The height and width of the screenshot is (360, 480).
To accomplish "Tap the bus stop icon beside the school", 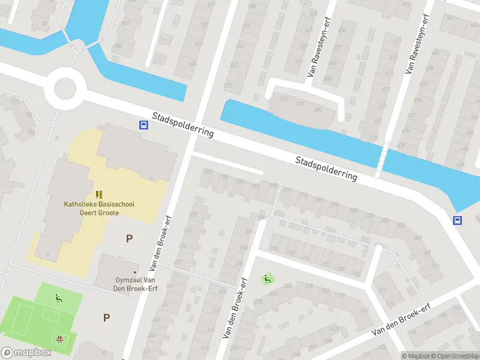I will [x=144, y=125].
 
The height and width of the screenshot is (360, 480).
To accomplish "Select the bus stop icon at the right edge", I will [x=457, y=220].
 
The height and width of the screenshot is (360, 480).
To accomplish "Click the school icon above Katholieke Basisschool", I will [x=100, y=194].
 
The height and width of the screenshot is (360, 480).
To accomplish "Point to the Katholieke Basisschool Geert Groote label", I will [x=100, y=208].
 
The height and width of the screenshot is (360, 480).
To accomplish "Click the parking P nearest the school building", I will [x=129, y=238].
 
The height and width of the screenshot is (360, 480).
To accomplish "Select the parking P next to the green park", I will [x=106, y=317].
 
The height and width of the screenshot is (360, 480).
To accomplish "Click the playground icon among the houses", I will [x=267, y=278].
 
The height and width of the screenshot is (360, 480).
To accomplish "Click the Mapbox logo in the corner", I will [x=25, y=353].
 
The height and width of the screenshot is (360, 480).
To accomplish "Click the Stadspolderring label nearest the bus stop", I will [x=182, y=124].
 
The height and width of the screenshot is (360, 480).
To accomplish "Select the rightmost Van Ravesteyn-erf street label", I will [x=418, y=42].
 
